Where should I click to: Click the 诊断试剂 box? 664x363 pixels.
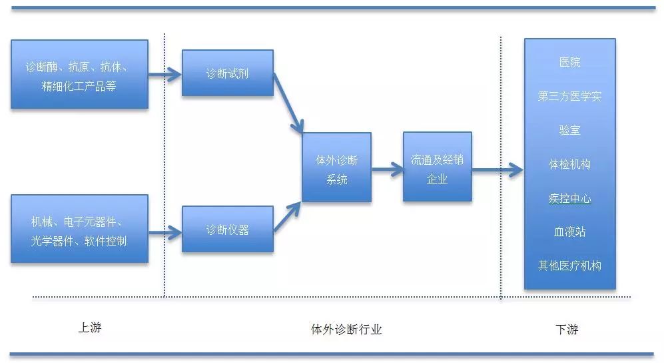[227, 73]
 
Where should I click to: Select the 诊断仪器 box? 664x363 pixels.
[227, 230]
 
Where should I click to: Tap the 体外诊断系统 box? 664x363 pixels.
[336, 167]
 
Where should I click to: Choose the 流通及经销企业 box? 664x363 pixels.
[437, 167]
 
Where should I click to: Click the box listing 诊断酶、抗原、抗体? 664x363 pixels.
[79, 74]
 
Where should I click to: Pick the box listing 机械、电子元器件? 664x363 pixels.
[79, 230]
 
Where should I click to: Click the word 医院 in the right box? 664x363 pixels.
[569, 62]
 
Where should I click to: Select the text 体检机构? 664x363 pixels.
[569, 164]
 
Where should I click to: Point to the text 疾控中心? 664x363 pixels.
[569, 198]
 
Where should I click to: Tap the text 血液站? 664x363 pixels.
[569, 232]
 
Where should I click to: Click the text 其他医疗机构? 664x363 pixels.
[569, 266]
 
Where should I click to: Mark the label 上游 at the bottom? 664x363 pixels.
[90, 328]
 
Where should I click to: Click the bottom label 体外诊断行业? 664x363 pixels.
[346, 329]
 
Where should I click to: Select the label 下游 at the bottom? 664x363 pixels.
[567, 329]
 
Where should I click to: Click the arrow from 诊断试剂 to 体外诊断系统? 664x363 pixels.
[288, 103]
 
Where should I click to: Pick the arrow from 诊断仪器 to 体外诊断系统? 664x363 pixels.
[288, 216]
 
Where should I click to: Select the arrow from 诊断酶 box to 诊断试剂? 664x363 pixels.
[165, 74]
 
